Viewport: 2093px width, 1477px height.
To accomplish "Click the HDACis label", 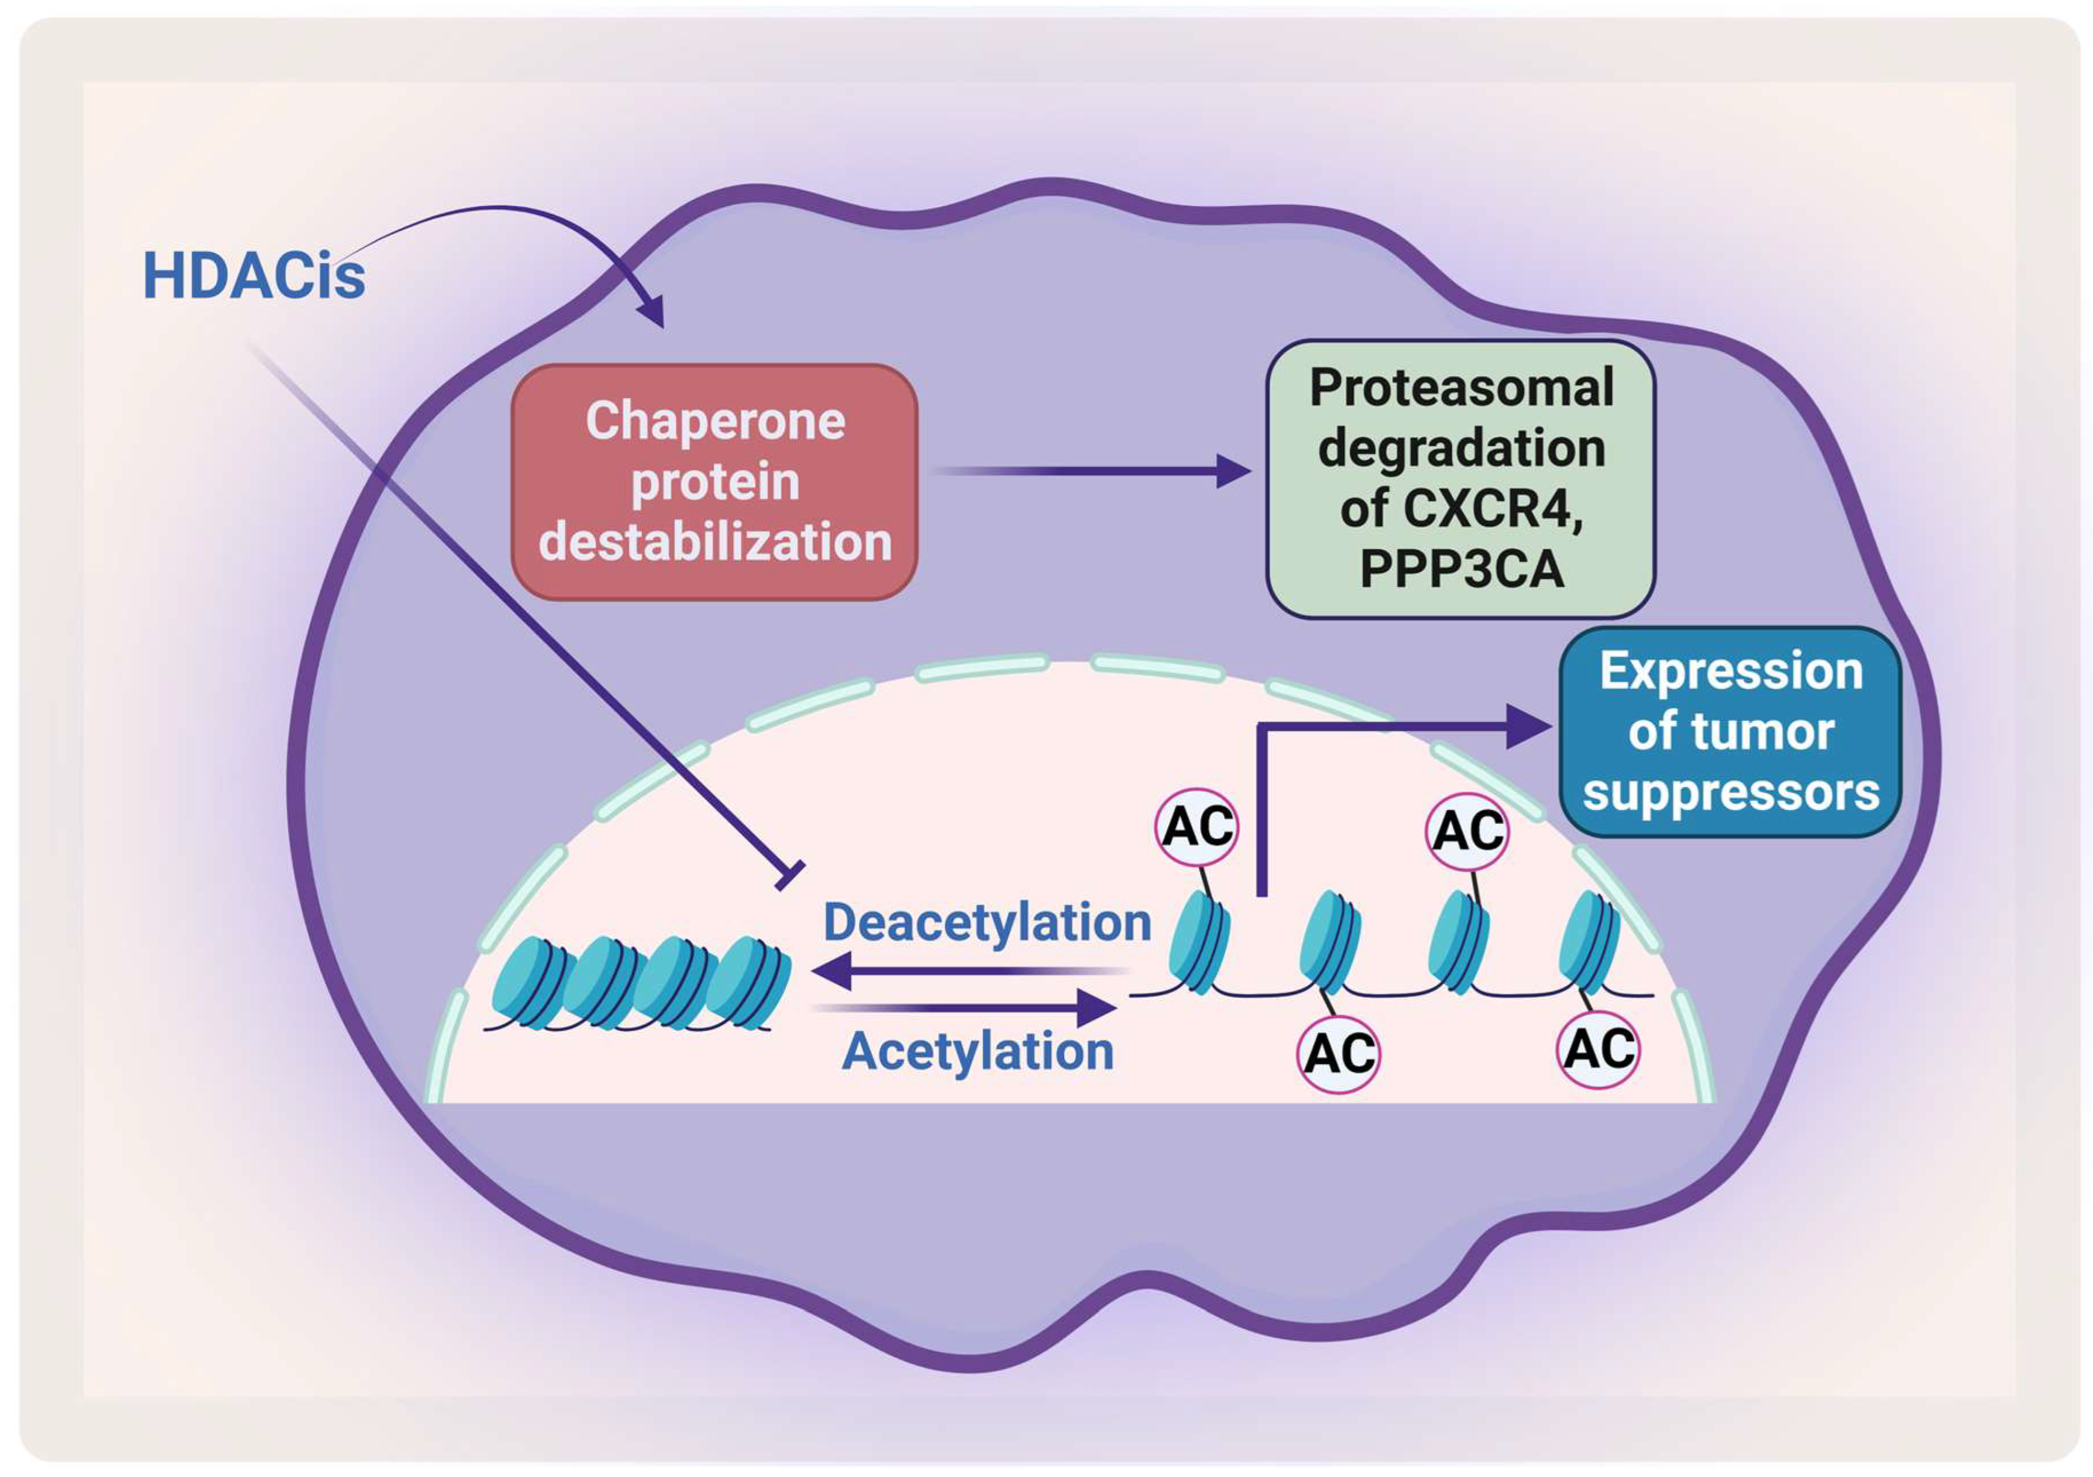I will pyautogui.click(x=253, y=275).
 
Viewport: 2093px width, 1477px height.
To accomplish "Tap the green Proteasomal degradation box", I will pyautogui.click(x=1460, y=479).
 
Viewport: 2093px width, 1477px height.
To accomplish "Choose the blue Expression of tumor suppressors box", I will pyautogui.click(x=1730, y=731).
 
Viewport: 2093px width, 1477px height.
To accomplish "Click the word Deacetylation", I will pyautogui.click(x=987, y=922).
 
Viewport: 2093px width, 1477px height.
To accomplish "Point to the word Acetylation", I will pyautogui.click(x=977, y=1051).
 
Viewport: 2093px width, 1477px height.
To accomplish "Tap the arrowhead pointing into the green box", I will pyautogui.click(x=1235, y=471).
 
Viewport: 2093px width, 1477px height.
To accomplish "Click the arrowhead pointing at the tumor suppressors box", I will pyautogui.click(x=1531, y=727).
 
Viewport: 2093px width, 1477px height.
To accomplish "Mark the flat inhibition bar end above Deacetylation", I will pyautogui.click(x=789, y=874).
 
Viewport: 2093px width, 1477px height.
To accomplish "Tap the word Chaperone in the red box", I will pyautogui.click(x=715, y=421).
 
